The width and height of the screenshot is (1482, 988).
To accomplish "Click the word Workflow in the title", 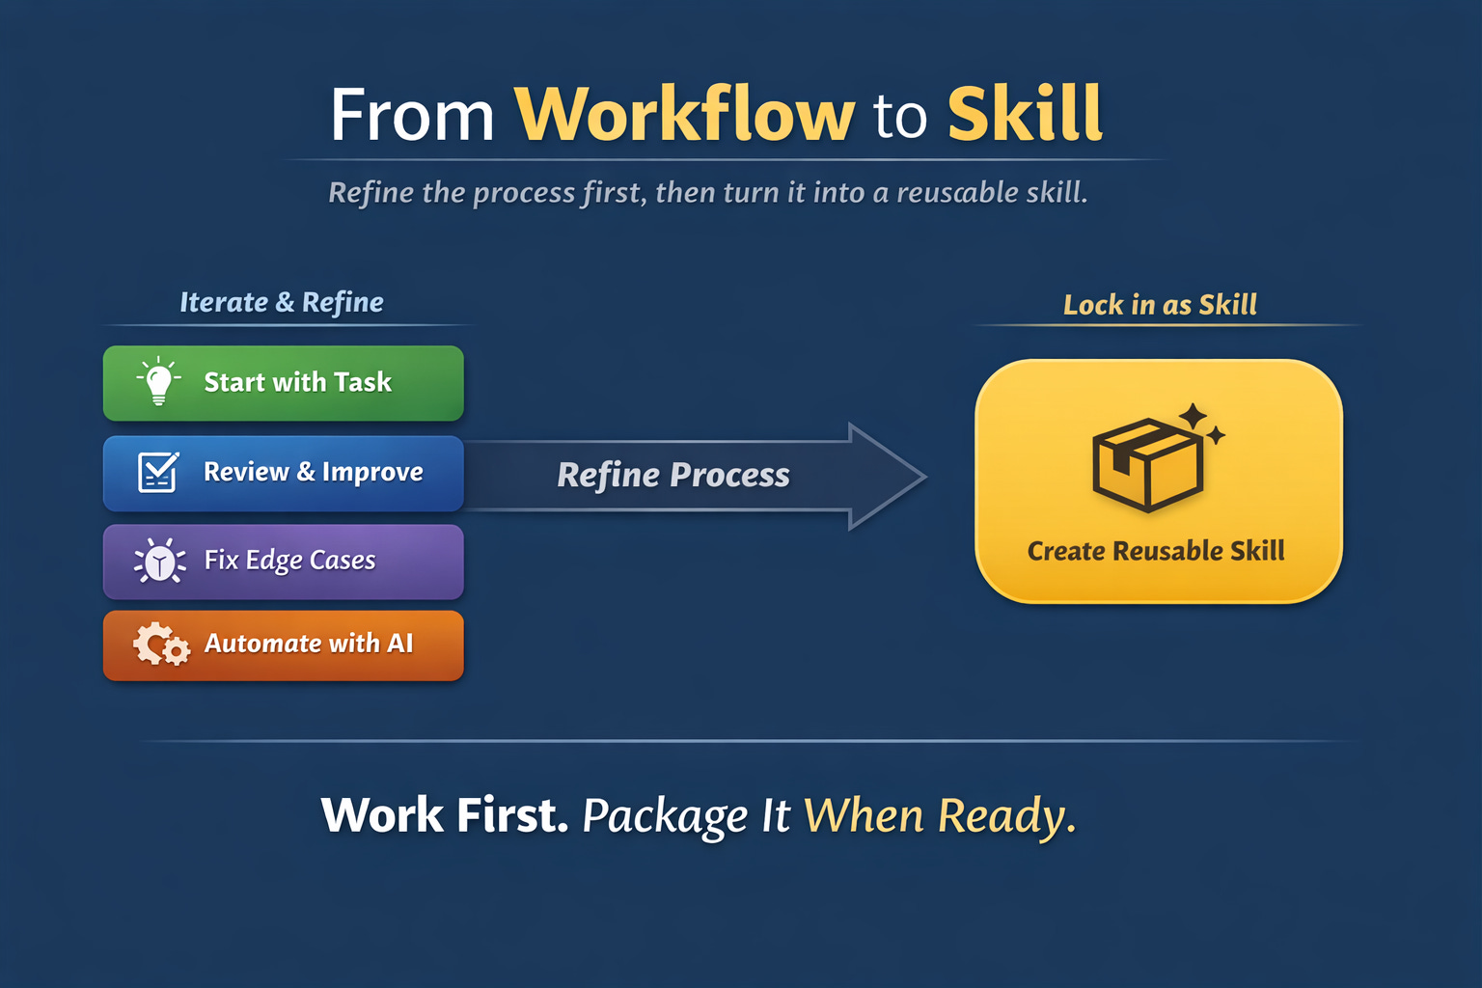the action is (x=684, y=115).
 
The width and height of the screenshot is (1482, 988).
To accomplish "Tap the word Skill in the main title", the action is (x=1025, y=115).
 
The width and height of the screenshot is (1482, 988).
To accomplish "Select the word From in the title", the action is (x=412, y=116).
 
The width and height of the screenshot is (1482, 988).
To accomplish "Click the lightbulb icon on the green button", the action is (x=159, y=382).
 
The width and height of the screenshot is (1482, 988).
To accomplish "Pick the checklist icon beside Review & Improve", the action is (x=157, y=472).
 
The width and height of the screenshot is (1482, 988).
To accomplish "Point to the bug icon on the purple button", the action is (x=159, y=562).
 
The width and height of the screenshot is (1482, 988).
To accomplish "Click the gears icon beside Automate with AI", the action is (x=161, y=645).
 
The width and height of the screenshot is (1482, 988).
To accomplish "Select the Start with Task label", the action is (x=297, y=382).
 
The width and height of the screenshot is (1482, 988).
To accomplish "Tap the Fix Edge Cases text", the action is (x=289, y=561).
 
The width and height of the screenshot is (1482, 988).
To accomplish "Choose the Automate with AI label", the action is (x=309, y=644).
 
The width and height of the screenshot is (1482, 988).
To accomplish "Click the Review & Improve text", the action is (x=313, y=472).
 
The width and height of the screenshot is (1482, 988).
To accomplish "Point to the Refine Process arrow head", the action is (x=886, y=476).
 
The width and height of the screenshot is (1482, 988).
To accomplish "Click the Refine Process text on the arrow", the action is (x=673, y=475).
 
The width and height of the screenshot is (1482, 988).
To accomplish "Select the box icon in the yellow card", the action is (x=1147, y=464).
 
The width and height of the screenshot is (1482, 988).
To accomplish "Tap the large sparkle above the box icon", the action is (x=1194, y=417).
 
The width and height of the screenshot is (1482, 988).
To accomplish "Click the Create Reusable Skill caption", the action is (x=1156, y=551).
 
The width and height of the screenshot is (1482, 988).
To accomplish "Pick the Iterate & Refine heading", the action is (x=282, y=303).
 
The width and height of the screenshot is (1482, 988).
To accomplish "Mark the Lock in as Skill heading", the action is (x=1160, y=305).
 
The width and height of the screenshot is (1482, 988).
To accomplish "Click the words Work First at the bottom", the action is (x=445, y=815).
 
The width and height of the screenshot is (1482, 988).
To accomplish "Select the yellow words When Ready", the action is (x=939, y=816).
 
